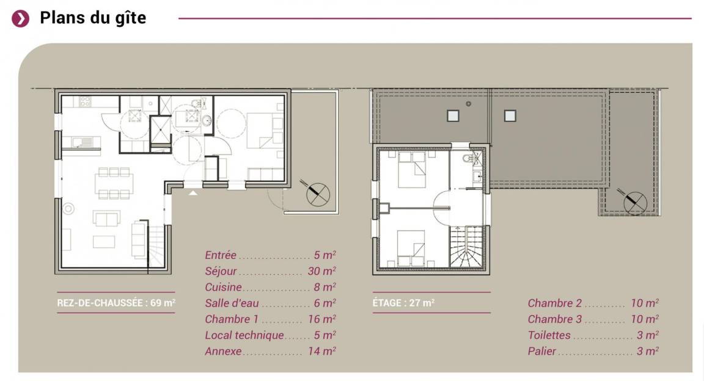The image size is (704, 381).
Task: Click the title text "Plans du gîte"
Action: tap(93, 18)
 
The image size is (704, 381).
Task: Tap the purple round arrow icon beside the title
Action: tap(21, 18)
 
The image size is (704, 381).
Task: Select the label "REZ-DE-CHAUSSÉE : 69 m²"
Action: tap(116, 303)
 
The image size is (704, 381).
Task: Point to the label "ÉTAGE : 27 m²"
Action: tap(403, 303)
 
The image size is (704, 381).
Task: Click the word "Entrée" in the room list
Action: tap(221, 255)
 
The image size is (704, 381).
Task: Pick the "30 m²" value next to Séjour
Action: tap(322, 271)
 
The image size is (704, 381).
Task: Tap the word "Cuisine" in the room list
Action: tap(223, 287)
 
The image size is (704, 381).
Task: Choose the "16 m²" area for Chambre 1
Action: tap(322, 319)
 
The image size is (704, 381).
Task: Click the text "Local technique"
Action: tap(244, 335)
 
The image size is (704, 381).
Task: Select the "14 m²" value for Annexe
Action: tap(322, 351)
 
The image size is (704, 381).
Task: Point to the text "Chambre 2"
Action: tap(554, 303)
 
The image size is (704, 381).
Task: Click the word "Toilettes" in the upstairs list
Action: tap(549, 335)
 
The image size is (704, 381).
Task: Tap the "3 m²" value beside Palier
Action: tap(648, 351)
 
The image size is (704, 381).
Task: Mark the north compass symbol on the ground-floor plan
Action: tap(317, 194)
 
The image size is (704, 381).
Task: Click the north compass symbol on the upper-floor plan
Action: tap(635, 202)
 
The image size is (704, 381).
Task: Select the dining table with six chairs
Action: tap(114, 183)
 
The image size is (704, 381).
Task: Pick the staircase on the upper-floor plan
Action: tap(467, 247)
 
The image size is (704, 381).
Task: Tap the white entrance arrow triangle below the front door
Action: tap(193, 193)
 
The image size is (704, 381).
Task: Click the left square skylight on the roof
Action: tap(453, 116)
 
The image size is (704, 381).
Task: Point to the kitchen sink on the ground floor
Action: tap(82, 143)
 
